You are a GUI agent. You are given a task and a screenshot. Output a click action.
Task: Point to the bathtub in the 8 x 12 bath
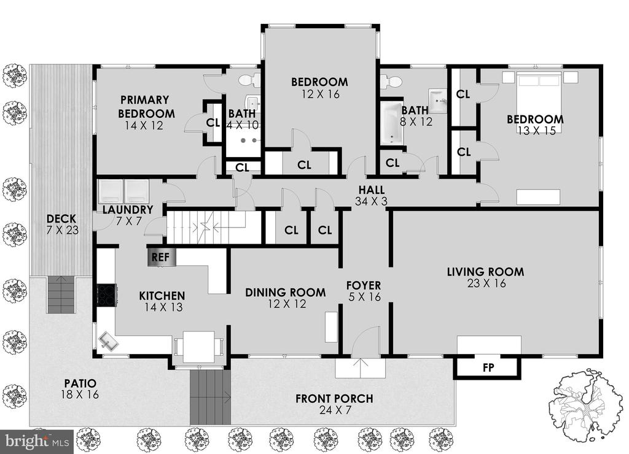click(392, 123)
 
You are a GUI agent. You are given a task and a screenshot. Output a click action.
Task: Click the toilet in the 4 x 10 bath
click(249, 80)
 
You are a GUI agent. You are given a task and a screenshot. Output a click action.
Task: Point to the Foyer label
click(364, 285)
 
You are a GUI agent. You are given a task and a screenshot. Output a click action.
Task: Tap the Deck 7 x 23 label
click(61, 225)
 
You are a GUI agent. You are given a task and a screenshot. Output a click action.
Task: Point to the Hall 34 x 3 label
click(372, 195)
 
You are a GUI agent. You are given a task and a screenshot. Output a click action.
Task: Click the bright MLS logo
click(37, 441)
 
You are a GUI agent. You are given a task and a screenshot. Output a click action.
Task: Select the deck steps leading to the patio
click(61, 294)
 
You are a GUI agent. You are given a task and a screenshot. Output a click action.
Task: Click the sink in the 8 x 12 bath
click(438, 100)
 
